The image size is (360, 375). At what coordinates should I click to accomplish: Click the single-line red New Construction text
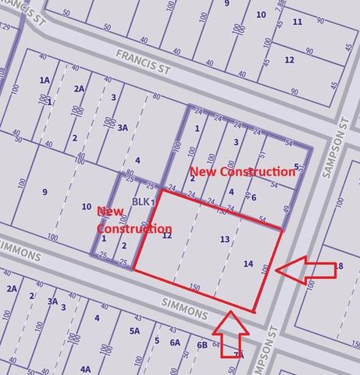click(243, 171)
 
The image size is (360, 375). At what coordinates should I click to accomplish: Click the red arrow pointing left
click(307, 270)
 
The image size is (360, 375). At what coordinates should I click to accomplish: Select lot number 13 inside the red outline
click(225, 239)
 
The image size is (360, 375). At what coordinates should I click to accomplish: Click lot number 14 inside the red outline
click(248, 265)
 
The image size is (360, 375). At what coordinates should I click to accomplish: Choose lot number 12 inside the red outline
click(167, 234)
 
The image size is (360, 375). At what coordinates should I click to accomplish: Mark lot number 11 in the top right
click(297, 21)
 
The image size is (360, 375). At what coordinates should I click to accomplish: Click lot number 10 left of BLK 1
click(86, 206)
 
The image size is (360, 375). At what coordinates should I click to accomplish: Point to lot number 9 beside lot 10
click(45, 191)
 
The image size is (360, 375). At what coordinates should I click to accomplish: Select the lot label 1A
click(45, 80)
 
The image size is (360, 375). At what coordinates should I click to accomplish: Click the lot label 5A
click(134, 331)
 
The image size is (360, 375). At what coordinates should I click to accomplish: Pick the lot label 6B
click(202, 345)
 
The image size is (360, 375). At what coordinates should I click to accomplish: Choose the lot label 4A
click(84, 368)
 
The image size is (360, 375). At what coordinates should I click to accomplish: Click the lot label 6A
click(175, 342)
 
